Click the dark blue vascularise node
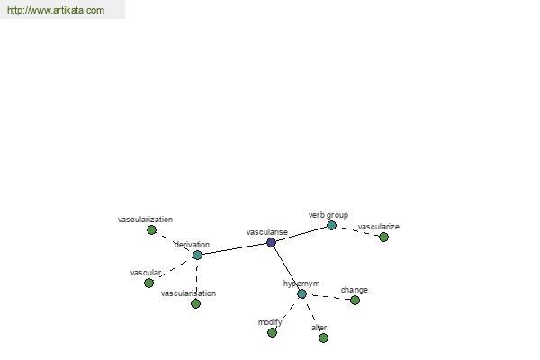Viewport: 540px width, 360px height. click(272, 242)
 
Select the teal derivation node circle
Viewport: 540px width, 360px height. click(197, 255)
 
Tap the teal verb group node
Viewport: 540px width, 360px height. click(331, 226)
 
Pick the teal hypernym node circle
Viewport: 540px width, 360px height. click(301, 294)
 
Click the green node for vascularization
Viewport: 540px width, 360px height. click(151, 229)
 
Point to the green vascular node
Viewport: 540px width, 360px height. click(148, 283)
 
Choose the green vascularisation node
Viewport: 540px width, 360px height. click(195, 303)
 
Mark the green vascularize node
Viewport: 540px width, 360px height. click(383, 237)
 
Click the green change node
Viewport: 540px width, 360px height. click(355, 300)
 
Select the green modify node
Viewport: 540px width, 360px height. click(272, 332)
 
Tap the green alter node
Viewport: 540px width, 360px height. click(323, 338)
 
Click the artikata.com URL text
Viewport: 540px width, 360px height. click(56, 10)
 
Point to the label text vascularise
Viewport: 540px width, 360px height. click(267, 232)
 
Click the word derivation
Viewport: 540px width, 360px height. click(192, 245)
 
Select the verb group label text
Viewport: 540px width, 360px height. click(328, 215)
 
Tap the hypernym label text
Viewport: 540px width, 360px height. click(301, 283)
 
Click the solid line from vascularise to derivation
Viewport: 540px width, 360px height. click(234, 248)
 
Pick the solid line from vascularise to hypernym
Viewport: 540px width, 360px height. click(286, 268)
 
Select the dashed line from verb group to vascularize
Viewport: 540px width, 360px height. click(357, 231)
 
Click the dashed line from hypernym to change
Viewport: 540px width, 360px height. click(328, 297)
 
